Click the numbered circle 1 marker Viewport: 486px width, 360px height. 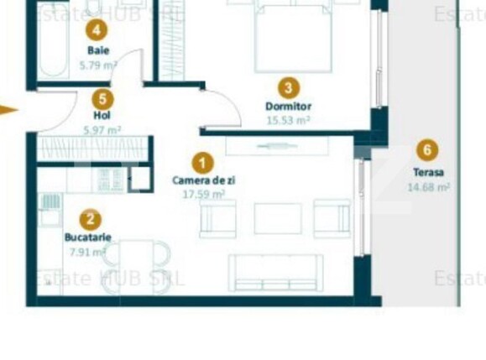[202, 162]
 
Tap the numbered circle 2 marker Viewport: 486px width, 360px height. [91, 220]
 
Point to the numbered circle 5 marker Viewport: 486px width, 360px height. [102, 97]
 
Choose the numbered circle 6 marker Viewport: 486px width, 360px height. [428, 151]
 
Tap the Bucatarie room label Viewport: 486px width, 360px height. [88, 237]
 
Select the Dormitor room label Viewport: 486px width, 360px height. [289, 107]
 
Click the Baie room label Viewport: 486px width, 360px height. [98, 50]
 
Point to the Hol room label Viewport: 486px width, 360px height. [102, 115]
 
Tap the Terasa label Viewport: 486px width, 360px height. [428, 172]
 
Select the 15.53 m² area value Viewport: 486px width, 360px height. [289, 120]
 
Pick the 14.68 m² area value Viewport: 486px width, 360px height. [428, 186]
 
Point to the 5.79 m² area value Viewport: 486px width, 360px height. [98, 64]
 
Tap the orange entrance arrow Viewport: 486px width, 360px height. [8, 110]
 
